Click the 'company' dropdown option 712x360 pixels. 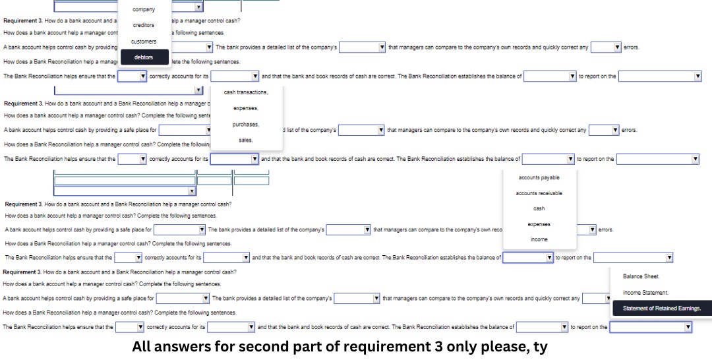click(x=144, y=9)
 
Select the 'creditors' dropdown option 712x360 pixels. click(x=144, y=25)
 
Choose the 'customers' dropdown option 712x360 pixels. click(x=144, y=42)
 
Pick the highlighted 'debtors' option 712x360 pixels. click(x=144, y=57)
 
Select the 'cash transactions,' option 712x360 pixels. click(x=246, y=92)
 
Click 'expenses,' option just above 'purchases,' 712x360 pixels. click(x=246, y=108)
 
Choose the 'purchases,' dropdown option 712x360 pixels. click(x=246, y=125)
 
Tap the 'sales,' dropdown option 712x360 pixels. click(x=246, y=140)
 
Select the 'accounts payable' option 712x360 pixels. click(x=539, y=177)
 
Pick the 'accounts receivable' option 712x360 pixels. click(x=539, y=193)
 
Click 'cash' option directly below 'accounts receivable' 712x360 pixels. click(x=539, y=208)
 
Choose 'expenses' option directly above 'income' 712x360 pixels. click(x=539, y=224)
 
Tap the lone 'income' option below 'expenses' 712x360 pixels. click(x=539, y=239)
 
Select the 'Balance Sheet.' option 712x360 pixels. click(x=641, y=276)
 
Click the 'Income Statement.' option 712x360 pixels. click(x=645, y=293)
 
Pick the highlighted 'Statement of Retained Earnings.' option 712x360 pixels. click(x=661, y=309)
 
